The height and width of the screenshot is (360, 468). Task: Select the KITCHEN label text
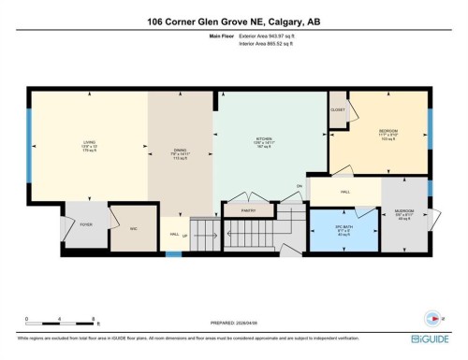tap(263, 142)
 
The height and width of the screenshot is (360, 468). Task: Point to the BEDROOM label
tap(389, 130)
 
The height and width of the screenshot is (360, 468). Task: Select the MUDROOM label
tap(404, 215)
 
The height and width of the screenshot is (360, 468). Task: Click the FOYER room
tap(85, 224)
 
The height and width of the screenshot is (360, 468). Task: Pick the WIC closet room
tap(133, 227)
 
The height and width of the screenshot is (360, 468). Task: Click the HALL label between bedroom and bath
tap(345, 191)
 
